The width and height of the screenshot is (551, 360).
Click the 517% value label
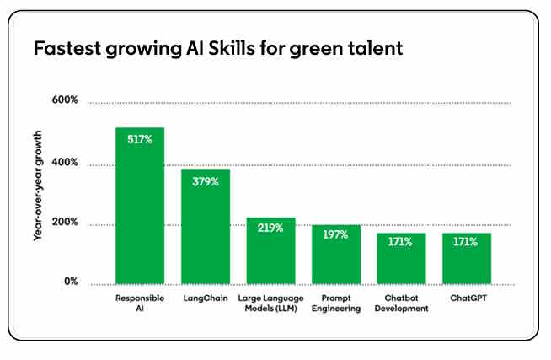pos(139,139)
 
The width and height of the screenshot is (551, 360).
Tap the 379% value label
pos(205,181)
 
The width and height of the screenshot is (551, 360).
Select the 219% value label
pos(270,229)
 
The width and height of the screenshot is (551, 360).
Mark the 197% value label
pos(335,235)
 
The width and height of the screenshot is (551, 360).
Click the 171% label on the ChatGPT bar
pos(466,243)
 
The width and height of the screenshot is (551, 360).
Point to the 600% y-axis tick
pos(65,100)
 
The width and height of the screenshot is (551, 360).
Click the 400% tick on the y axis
pos(65,162)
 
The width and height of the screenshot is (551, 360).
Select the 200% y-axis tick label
pos(65,223)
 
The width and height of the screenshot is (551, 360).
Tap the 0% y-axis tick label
pos(71,282)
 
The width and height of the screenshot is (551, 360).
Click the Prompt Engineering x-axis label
pos(335,304)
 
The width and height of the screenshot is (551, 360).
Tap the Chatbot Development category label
pos(401,304)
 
